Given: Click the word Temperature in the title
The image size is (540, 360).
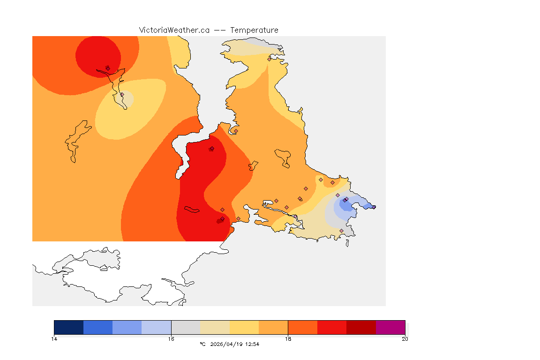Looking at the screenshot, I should pos(254,30).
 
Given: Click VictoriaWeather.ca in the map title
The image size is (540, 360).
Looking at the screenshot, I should pos(174,30).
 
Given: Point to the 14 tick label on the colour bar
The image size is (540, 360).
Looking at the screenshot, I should pos(54,339).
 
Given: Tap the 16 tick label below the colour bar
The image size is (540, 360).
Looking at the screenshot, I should pos(171,339).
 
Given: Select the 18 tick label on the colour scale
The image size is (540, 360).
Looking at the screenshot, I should pos(288,339).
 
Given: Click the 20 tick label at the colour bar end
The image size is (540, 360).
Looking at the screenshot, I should pos(405,339).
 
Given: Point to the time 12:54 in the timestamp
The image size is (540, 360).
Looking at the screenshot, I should pos(252,344).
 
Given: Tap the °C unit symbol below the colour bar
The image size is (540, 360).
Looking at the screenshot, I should pos(202,344).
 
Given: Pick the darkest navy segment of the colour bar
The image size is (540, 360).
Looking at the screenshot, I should pos(69,327).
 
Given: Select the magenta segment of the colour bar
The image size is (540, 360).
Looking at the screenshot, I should pos(390,327).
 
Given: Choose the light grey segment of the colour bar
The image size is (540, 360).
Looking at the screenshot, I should pos(186,327).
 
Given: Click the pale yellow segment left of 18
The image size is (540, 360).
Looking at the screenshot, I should pos(244,327).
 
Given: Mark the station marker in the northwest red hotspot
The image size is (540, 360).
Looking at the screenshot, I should pos(108,68).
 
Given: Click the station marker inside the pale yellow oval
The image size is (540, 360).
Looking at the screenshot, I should pos(122,95).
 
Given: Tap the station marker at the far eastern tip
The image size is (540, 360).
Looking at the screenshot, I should pos(374,207).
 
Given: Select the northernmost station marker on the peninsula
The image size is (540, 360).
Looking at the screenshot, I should pos(269,59).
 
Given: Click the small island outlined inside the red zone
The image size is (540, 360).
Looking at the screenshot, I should pos(192,210).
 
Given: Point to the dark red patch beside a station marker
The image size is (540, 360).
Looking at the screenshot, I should pos(218,221).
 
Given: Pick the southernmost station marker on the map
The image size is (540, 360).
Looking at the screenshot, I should pos(341,231).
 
